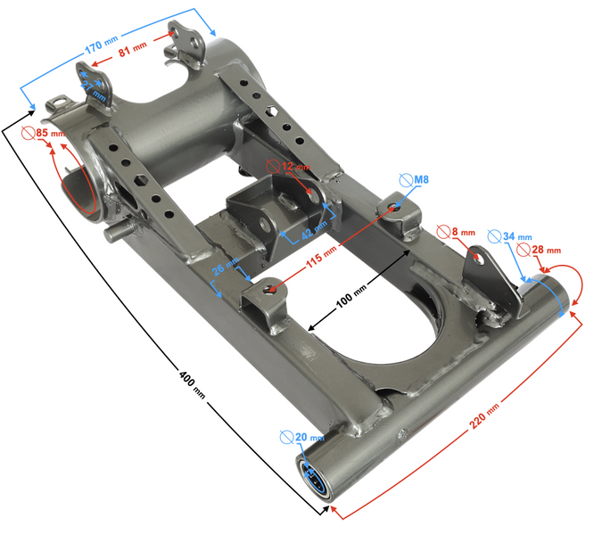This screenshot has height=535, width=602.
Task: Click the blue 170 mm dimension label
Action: pyautogui.click(x=101, y=52)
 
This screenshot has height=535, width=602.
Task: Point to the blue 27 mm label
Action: pyautogui.click(x=96, y=92)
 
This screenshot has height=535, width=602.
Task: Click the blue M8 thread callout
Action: pyautogui.click(x=416, y=180)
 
